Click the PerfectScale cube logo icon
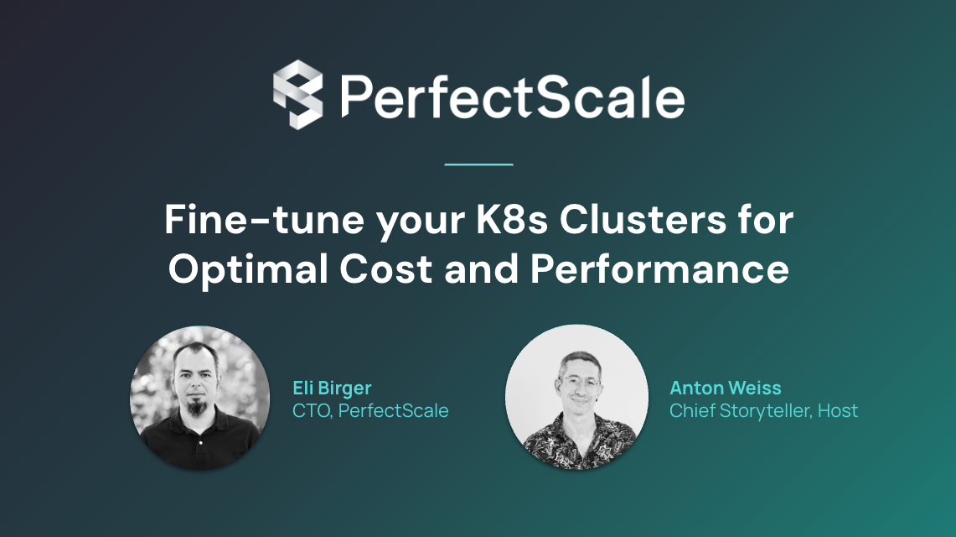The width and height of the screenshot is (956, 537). (x=297, y=94)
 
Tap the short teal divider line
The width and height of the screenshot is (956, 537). (x=478, y=164)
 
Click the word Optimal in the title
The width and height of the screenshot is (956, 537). (x=241, y=269)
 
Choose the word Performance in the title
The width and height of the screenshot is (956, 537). (x=659, y=269)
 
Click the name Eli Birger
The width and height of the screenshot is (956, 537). (x=332, y=388)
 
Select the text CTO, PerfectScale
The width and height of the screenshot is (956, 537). (x=370, y=410)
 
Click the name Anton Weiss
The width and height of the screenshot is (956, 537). (x=726, y=388)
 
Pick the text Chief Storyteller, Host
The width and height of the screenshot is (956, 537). (x=764, y=410)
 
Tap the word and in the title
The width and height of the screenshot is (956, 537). (x=483, y=269)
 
